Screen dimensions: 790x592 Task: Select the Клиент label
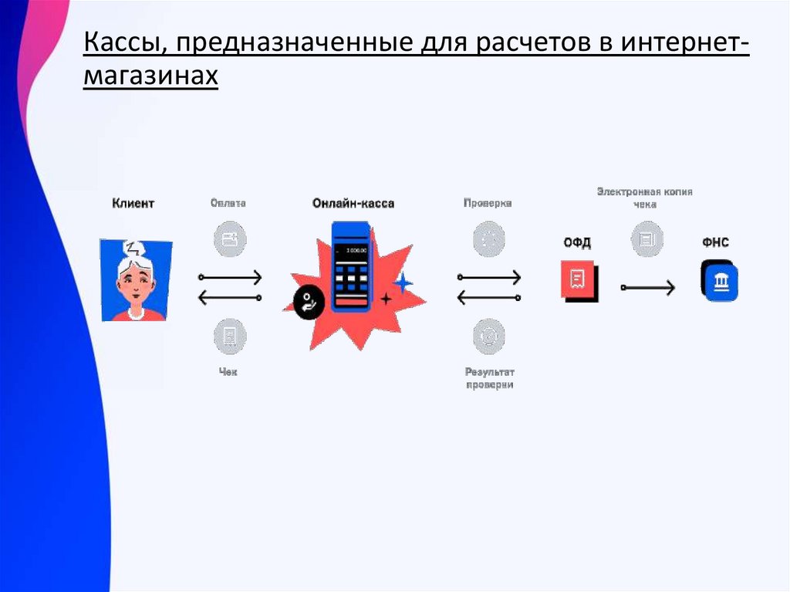tap(133, 204)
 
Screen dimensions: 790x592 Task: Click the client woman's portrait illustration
tap(137, 280)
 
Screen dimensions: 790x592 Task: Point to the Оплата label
tap(228, 204)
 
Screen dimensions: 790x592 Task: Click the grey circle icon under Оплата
tap(229, 239)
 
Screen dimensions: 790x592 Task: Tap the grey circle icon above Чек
tap(229, 337)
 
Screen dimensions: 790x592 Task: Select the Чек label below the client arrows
tap(228, 372)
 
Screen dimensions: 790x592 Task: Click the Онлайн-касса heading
tap(353, 204)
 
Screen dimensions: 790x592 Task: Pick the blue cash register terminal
tap(351, 266)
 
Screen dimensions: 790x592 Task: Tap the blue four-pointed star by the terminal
tap(402, 282)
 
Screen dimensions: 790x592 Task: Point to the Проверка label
tap(488, 204)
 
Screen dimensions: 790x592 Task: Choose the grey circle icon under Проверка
tap(488, 239)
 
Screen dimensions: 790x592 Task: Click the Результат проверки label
tap(489, 378)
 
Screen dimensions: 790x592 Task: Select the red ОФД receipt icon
tap(578, 279)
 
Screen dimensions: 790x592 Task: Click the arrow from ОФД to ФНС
tap(647, 287)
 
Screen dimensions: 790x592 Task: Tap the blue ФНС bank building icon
tap(720, 280)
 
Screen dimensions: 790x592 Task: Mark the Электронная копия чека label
tap(644, 198)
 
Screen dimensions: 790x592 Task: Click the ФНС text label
tap(715, 242)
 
